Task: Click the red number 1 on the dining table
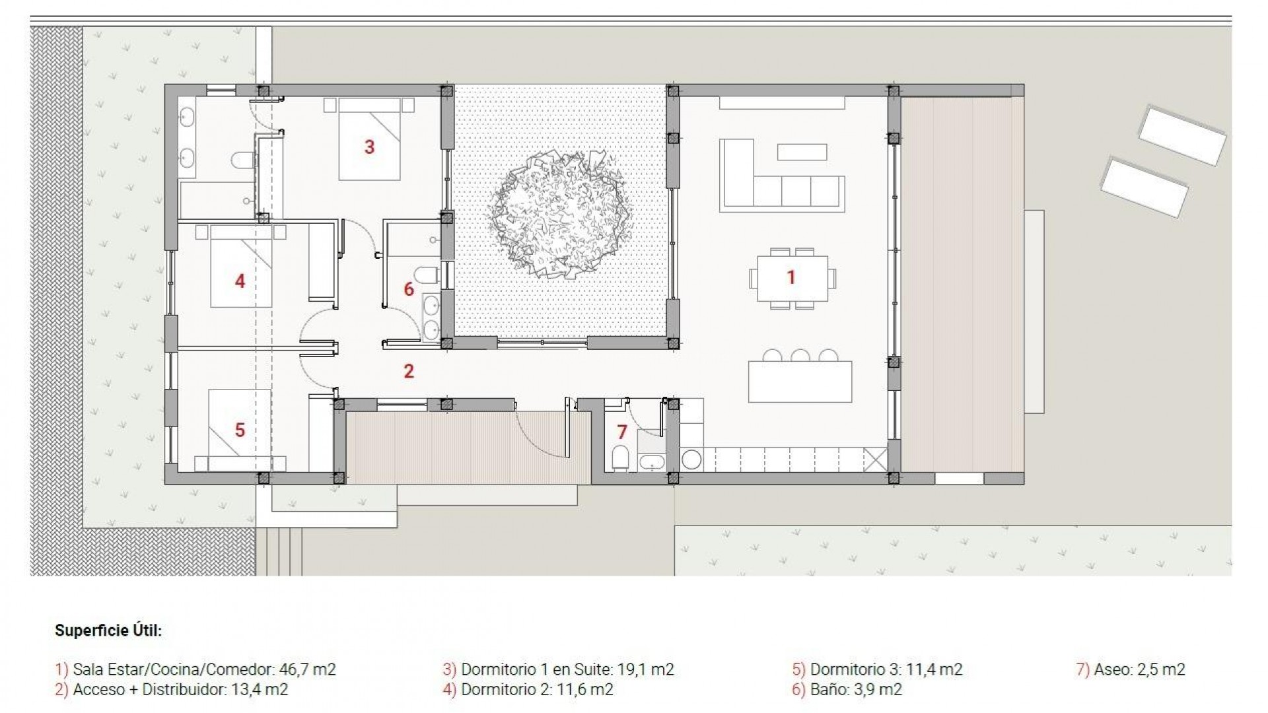(791, 277)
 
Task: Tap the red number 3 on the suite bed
(369, 147)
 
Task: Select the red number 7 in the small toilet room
(621, 432)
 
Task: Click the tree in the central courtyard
(560, 214)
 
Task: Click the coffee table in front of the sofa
(802, 152)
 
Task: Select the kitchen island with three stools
(800, 382)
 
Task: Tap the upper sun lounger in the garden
(1181, 135)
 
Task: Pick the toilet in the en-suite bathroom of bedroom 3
(243, 160)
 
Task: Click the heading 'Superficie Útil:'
(108, 630)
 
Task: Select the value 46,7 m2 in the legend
(307, 669)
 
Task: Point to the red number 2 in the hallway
(409, 371)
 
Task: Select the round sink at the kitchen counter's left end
(691, 459)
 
